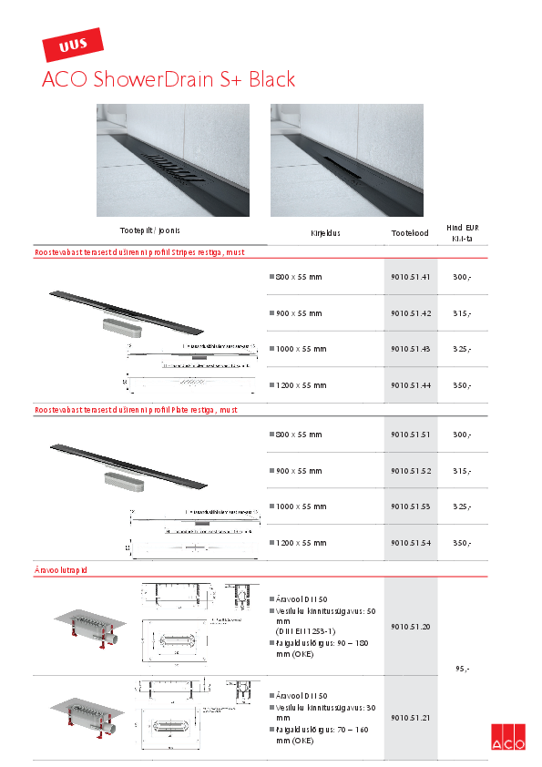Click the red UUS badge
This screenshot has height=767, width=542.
tap(74, 45)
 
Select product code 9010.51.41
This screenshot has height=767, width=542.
tap(410, 277)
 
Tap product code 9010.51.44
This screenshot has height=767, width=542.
tap(410, 385)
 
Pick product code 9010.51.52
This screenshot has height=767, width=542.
tap(410, 471)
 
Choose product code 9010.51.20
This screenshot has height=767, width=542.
tap(410, 627)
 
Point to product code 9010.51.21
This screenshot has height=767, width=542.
tap(410, 718)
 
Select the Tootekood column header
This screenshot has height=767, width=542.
tap(410, 233)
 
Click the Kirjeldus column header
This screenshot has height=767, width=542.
tap(325, 233)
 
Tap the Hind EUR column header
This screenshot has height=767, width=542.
tap(462, 233)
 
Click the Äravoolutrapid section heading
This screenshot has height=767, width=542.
tap(61, 569)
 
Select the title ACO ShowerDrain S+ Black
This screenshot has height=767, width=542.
tap(169, 80)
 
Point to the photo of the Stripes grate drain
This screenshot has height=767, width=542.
tap(173, 159)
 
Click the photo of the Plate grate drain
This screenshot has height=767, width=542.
tap(347, 159)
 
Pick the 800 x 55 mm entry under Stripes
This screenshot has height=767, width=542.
tap(298, 277)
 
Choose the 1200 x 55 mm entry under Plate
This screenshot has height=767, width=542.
tap(300, 543)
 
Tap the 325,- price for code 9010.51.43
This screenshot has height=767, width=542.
tap(462, 350)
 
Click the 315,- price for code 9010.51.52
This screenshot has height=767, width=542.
tap(462, 471)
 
